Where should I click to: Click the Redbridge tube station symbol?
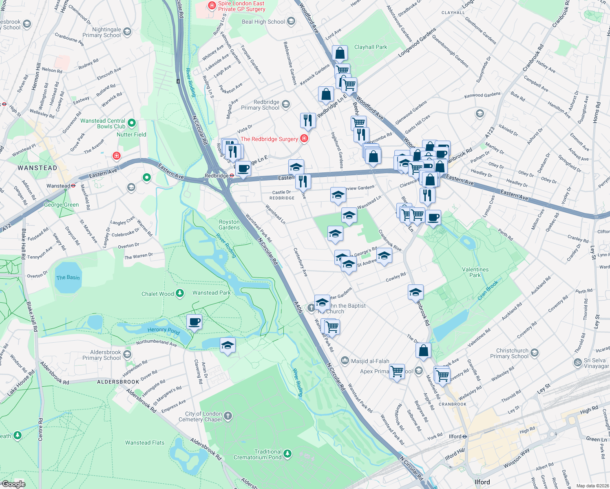tap(231, 176)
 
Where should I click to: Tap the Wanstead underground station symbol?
tap(73, 186)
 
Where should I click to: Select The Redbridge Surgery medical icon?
tap(304, 139)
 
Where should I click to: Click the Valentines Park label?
tap(475, 272)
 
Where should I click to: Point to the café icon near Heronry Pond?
tap(194, 322)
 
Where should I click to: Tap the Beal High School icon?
tap(291, 22)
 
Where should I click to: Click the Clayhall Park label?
tap(371, 47)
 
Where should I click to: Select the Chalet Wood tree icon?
tap(180, 293)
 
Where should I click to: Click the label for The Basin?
tap(68, 278)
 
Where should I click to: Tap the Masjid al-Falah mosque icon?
tap(345, 361)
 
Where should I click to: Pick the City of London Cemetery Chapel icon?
tap(228, 416)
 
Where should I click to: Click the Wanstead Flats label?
tap(145, 443)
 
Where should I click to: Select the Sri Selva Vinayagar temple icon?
tap(577, 362)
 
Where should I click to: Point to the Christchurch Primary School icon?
tap(535, 353)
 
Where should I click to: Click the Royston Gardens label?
tap(229, 225)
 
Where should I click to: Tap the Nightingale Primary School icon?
tap(127, 32)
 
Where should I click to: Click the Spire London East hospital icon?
tap(212, 5)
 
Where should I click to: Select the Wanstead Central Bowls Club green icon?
tap(132, 123)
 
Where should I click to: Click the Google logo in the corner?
tap(13, 484)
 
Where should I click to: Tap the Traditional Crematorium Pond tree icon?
tap(287, 454)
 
